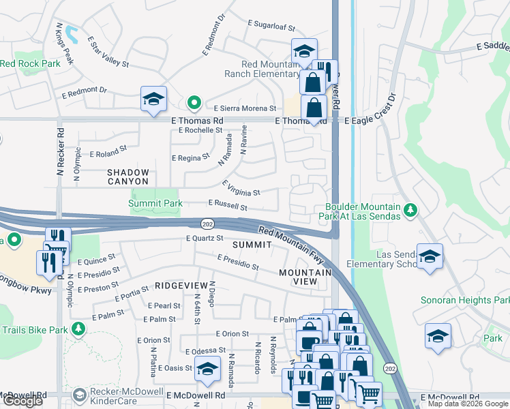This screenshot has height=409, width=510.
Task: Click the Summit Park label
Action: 156,203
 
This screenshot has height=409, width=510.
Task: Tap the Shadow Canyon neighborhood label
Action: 127,177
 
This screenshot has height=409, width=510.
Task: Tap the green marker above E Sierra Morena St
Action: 194,104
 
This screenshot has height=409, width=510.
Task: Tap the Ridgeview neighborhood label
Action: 180,286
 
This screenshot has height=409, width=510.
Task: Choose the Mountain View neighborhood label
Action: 305,277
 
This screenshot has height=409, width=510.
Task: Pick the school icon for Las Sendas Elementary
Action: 430,257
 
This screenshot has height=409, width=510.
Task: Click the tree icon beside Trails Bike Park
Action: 79,330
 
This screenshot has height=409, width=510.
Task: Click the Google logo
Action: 22,401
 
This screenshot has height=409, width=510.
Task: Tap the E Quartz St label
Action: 205,238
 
